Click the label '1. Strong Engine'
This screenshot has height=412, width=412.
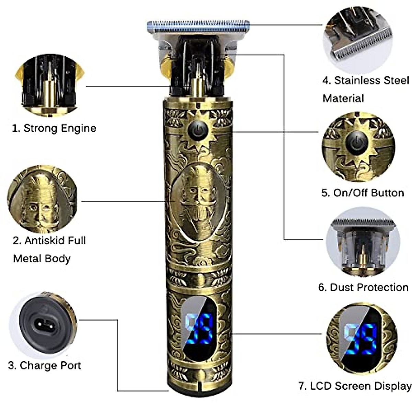point(54,128)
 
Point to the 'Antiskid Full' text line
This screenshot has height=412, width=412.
point(49,240)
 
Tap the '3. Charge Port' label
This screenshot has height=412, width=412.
point(44,365)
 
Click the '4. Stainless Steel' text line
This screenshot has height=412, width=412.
point(366,81)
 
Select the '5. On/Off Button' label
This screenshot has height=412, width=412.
point(363,193)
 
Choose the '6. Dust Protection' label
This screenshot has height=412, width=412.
point(363,287)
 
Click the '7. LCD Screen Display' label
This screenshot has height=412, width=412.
point(355,386)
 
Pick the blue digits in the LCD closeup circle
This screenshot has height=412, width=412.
point(360,338)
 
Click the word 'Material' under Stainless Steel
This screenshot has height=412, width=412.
point(343,99)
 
